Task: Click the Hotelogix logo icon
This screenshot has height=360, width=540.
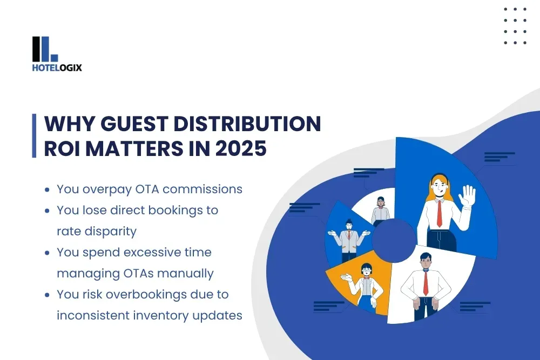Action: (x=45, y=49)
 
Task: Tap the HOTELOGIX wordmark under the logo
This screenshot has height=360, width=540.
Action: (x=57, y=68)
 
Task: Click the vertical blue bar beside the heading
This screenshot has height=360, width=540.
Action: (x=34, y=136)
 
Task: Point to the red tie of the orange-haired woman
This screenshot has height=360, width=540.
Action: (x=439, y=214)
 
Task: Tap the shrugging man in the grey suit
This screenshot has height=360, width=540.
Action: (x=349, y=237)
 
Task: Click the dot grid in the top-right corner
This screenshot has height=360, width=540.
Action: (x=515, y=25)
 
